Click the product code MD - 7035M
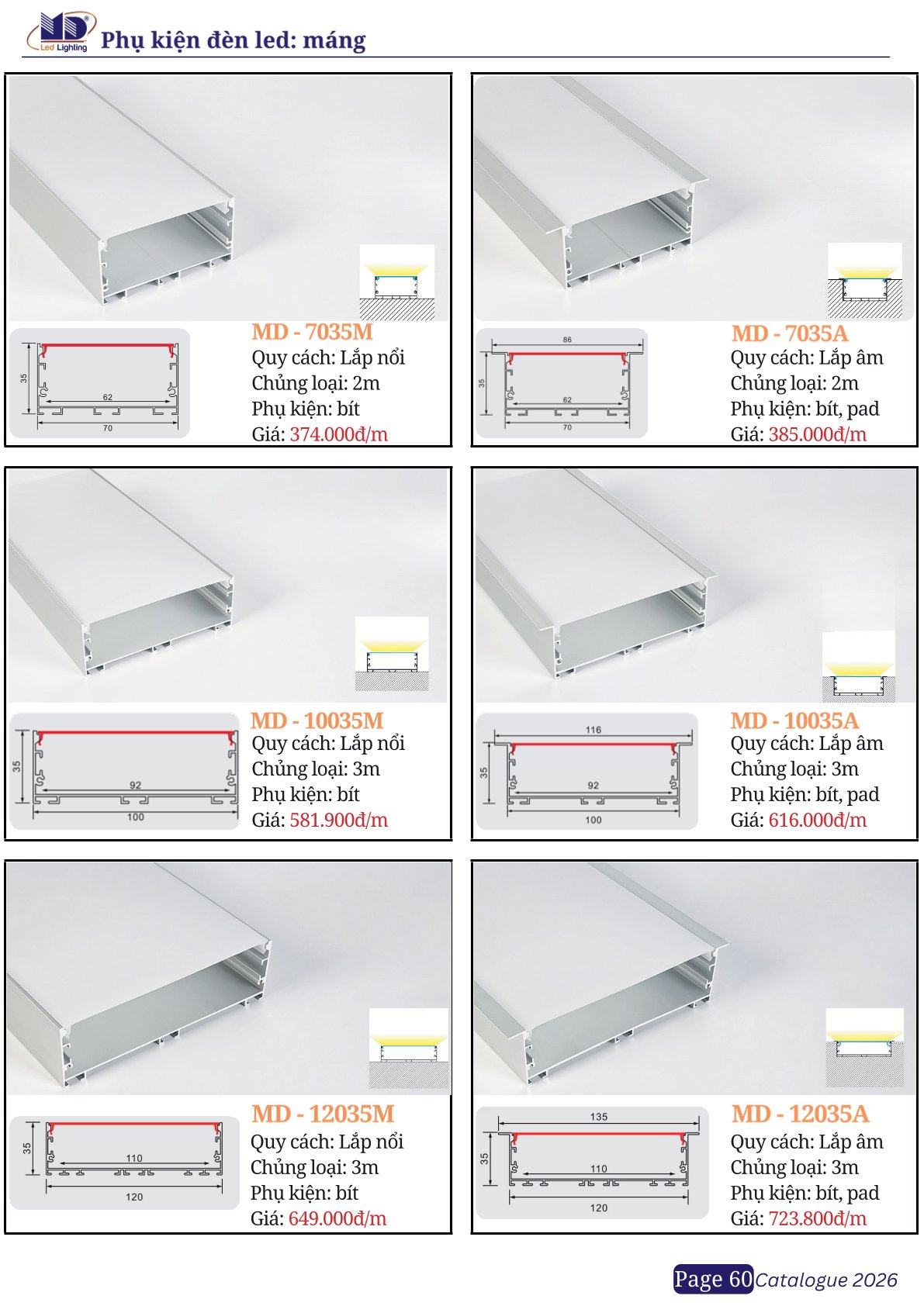pyautogui.click(x=312, y=333)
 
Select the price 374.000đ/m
pyautogui.click(x=339, y=434)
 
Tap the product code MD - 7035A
pyautogui.click(x=789, y=333)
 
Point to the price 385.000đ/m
pyautogui.click(x=817, y=434)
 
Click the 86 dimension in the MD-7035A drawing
pyautogui.click(x=568, y=340)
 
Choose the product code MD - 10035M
pyautogui.click(x=317, y=720)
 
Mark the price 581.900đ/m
pyautogui.click(x=339, y=820)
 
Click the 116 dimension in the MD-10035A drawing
pyautogui.click(x=594, y=729)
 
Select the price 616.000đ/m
pyautogui.click(x=817, y=820)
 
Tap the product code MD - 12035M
pyautogui.click(x=324, y=1114)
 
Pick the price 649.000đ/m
pyautogui.click(x=337, y=1218)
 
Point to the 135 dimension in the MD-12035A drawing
pyautogui.click(x=598, y=1117)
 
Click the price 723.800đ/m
pyautogui.click(x=817, y=1218)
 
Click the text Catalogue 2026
pyautogui.click(x=826, y=1280)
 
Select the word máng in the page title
pyautogui.click(x=334, y=41)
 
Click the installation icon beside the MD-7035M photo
pyautogui.click(x=396, y=282)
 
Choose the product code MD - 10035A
pyautogui.click(x=794, y=720)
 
